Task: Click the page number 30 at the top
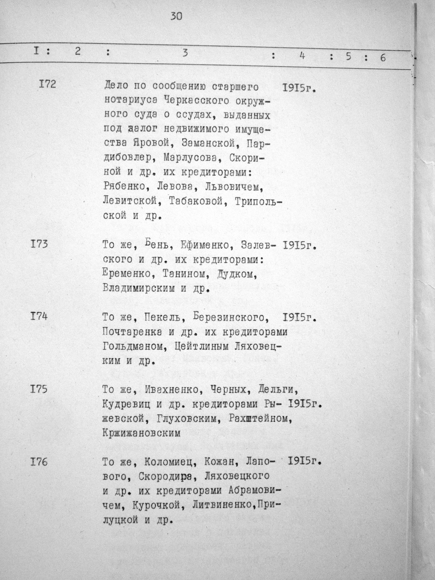177,17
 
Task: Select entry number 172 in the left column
47,85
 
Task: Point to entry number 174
39,317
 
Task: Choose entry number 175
39,389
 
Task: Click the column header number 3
185,53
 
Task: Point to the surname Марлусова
194,158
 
